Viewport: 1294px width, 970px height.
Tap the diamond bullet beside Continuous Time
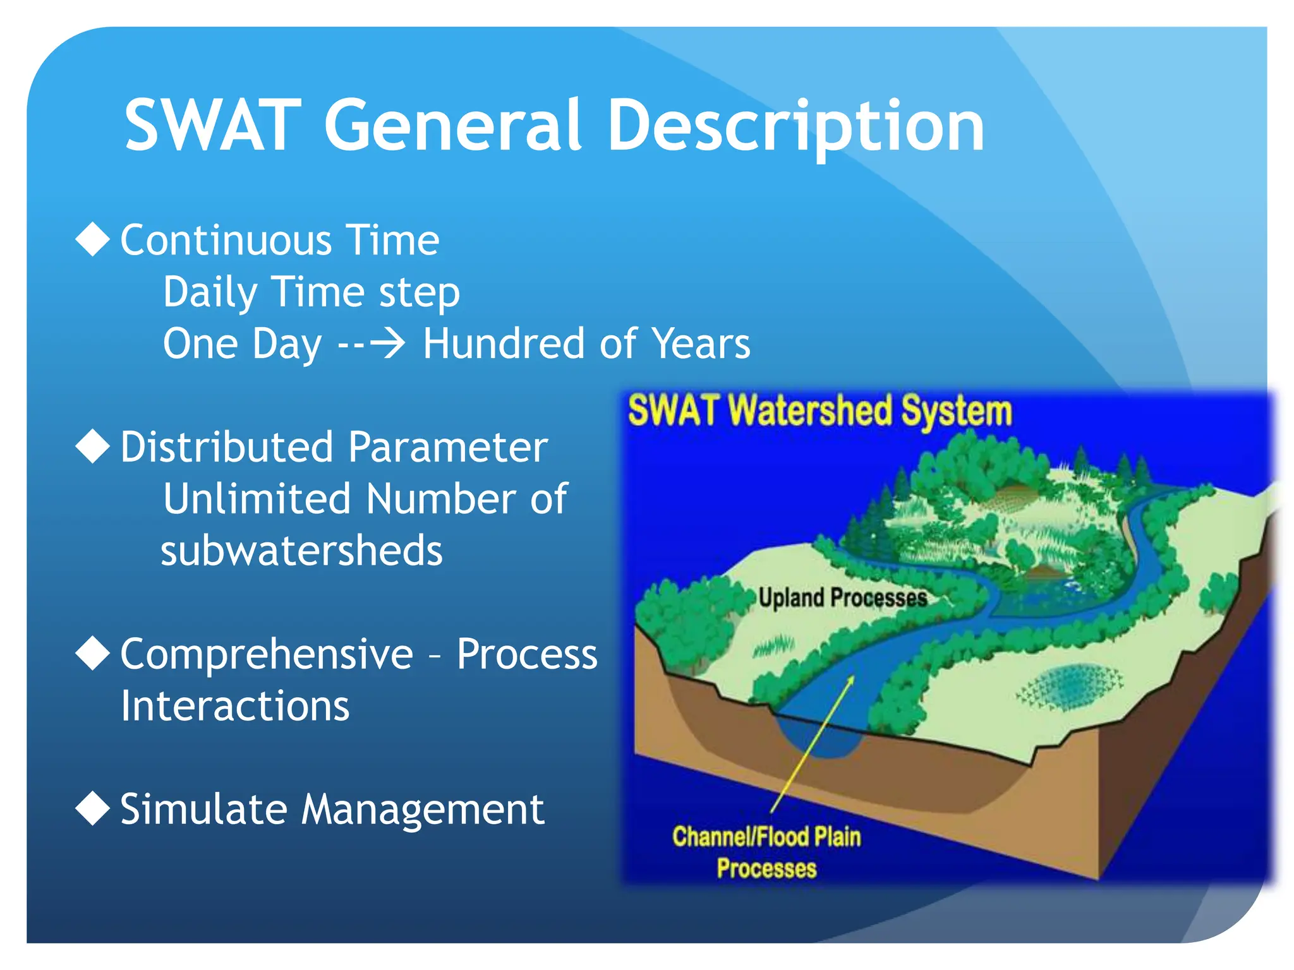(93, 239)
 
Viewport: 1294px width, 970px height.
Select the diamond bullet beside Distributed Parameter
(93, 446)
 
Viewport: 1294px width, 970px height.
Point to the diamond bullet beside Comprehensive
(93, 654)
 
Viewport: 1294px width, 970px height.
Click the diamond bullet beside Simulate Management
(93, 809)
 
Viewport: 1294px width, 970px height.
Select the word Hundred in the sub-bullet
(504, 344)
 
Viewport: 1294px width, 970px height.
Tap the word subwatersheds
(302, 550)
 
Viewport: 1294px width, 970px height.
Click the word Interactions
(235, 705)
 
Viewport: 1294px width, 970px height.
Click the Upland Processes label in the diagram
(843, 597)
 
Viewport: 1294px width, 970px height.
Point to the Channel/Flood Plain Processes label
(766, 852)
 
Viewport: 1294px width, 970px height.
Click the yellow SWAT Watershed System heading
(819, 411)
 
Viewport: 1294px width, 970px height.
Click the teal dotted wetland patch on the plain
(1069, 686)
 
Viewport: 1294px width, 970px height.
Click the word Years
(701, 344)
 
